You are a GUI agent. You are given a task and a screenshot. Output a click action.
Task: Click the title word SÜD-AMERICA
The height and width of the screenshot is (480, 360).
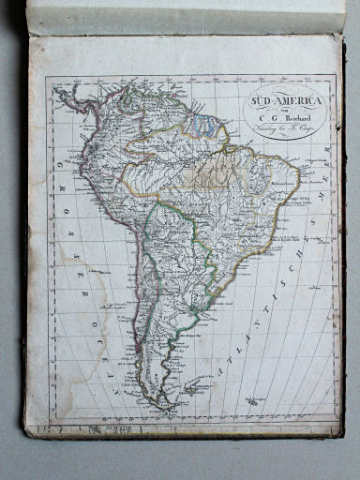click(x=287, y=99)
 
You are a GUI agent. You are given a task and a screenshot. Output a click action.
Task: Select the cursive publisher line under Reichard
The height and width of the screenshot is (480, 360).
click(x=288, y=130)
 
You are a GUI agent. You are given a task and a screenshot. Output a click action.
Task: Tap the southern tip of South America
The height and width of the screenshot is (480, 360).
click(x=167, y=406)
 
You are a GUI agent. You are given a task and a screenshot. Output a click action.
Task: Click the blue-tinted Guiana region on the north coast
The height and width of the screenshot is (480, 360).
click(x=200, y=122)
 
